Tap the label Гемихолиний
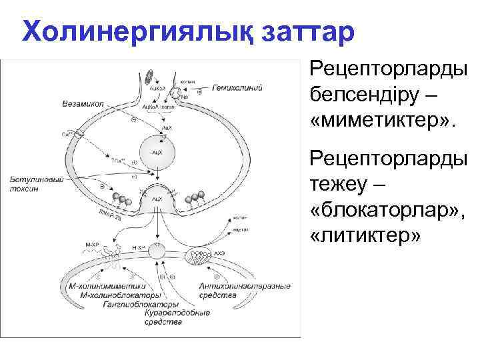tap(237, 87)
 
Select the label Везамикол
tap(82, 105)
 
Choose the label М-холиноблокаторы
tap(120, 295)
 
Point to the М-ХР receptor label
tap(91, 246)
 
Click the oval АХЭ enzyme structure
tap(199, 256)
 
